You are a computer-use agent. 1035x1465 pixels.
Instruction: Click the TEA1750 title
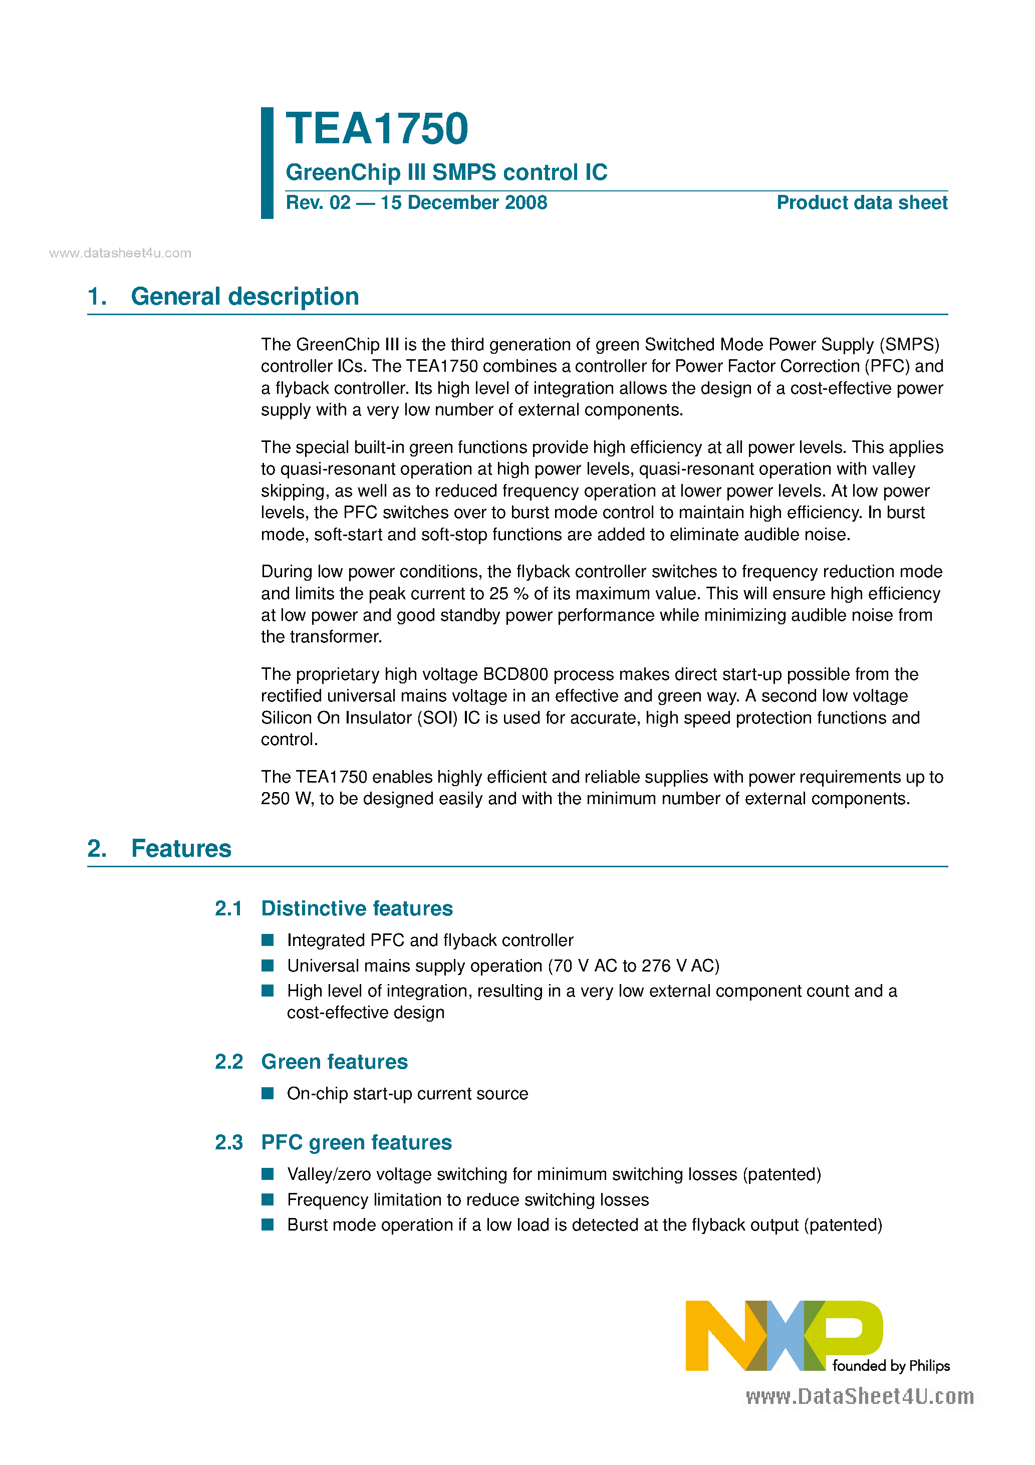coord(377,129)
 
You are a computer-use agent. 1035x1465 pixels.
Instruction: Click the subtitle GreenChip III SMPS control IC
coord(446,172)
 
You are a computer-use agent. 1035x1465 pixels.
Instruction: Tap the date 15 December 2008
coord(463,203)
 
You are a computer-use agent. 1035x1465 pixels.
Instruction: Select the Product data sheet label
coord(862,203)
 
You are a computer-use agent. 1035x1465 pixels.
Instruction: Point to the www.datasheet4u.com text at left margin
coord(120,254)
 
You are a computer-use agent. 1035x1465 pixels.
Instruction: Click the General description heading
coord(244,297)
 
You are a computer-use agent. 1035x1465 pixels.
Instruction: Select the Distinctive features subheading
coord(357,908)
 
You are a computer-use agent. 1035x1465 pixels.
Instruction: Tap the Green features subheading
coord(334,1062)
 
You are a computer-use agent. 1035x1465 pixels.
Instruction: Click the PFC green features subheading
coord(356,1142)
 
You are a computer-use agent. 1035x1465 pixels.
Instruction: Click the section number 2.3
coord(228,1142)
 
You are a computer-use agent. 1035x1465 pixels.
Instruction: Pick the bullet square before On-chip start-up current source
coord(268,1094)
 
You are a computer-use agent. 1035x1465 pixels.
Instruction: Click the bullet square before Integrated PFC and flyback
coord(268,940)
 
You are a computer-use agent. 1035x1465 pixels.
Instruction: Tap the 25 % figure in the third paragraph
coord(508,594)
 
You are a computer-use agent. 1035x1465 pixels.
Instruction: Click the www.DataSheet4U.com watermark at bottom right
coord(860,1397)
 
